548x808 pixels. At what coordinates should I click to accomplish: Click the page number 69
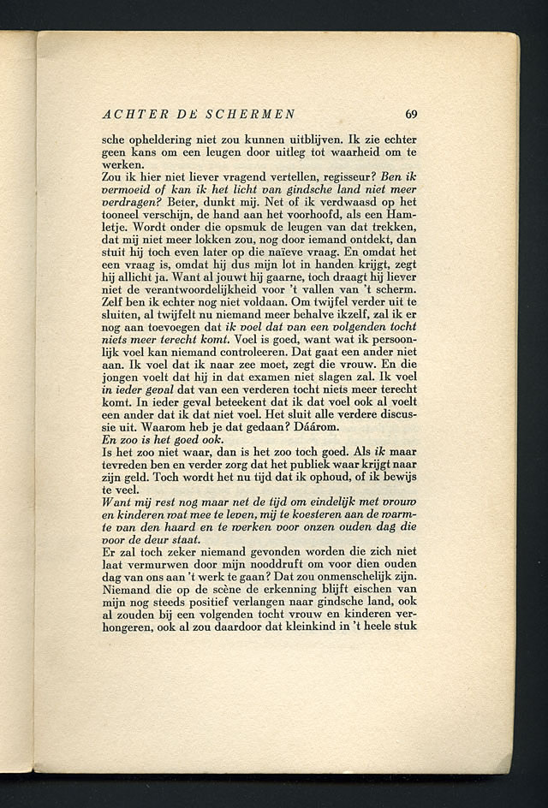coord(411,114)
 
